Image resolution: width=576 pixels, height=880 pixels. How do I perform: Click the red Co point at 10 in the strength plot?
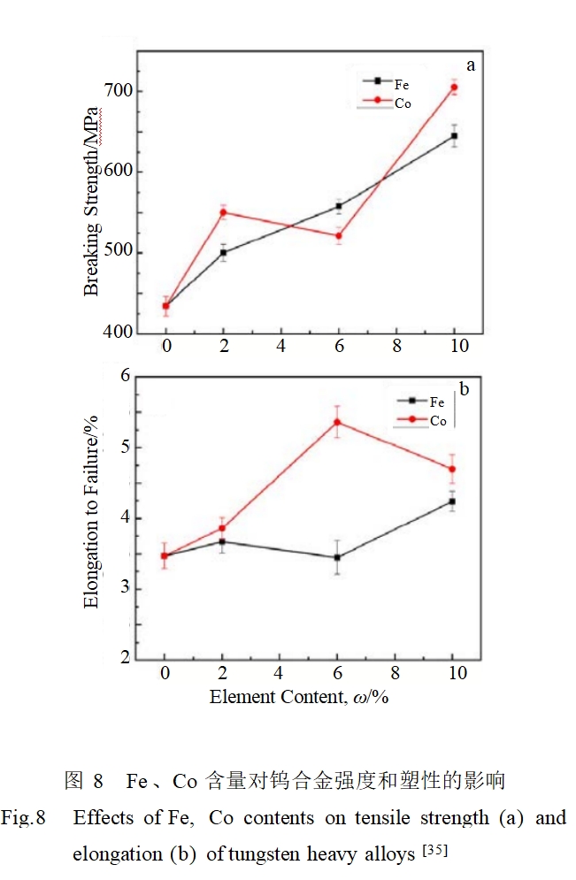pos(454,87)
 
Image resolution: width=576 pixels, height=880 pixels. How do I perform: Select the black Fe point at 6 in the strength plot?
pos(338,206)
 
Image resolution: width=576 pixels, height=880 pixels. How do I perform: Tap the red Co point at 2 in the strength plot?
pos(223,212)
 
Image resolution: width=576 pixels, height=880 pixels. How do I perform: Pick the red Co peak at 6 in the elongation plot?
pos(337,422)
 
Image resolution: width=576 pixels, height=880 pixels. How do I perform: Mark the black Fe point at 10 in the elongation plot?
pos(452,501)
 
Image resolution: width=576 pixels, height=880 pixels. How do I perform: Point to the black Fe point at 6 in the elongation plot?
pos(337,558)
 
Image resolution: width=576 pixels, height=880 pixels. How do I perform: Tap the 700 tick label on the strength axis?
pos(119,91)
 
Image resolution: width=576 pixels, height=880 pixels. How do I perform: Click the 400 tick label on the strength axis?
pos(119,333)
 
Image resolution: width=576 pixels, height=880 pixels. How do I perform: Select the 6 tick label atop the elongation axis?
pos(125,376)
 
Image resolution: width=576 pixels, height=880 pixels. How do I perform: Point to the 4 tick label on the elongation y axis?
pos(125,518)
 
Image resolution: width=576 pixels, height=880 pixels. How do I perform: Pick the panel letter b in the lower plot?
pos(464,388)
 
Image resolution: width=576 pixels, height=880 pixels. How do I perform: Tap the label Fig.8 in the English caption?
pos(23,818)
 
